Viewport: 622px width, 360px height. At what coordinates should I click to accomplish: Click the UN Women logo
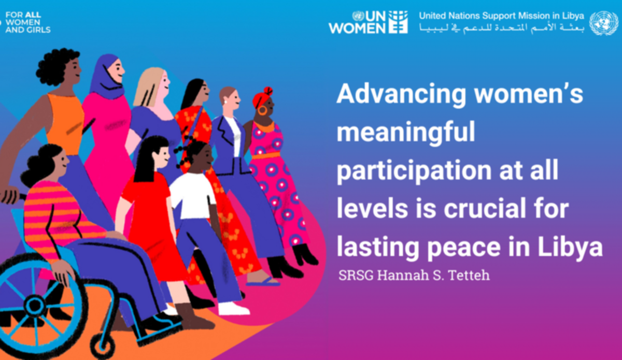(x=368, y=22)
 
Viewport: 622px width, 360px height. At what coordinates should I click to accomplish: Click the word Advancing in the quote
(x=402, y=95)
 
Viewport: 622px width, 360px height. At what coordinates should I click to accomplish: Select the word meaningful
(x=406, y=133)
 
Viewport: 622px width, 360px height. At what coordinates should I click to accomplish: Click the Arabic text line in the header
(x=502, y=28)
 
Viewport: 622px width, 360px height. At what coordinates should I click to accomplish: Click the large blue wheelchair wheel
(x=35, y=305)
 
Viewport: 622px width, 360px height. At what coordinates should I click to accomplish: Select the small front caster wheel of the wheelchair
(x=102, y=346)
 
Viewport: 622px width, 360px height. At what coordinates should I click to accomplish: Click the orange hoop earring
(x=262, y=110)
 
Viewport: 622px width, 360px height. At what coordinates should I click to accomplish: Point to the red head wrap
(x=262, y=98)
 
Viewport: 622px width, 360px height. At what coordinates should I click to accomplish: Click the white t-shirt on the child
(x=192, y=196)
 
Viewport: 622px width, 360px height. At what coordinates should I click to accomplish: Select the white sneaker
(x=233, y=309)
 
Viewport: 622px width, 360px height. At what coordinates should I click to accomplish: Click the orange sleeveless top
(x=65, y=124)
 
